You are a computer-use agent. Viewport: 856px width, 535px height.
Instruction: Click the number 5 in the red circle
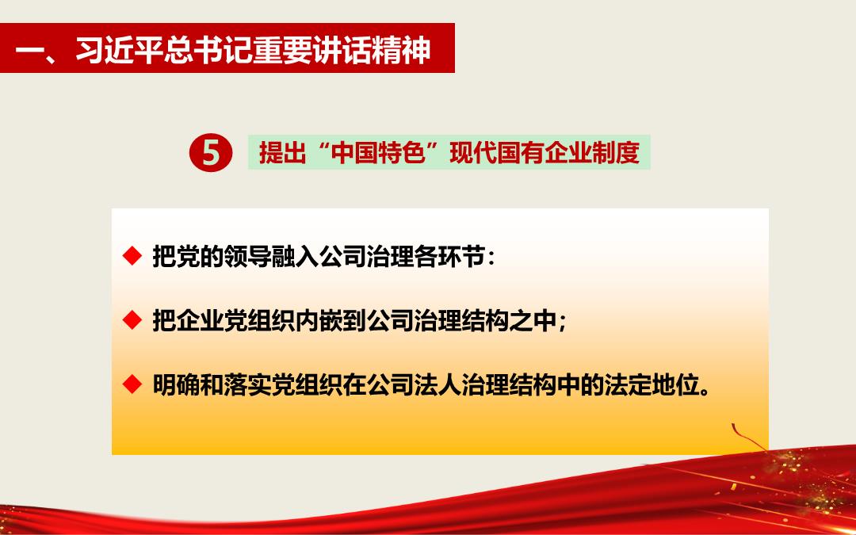[x=212, y=153]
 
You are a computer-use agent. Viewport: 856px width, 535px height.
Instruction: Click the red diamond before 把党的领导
[x=132, y=255]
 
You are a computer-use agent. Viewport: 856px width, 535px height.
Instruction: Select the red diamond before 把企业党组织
[x=132, y=320]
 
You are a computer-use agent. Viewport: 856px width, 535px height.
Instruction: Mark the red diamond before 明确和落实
[x=132, y=384]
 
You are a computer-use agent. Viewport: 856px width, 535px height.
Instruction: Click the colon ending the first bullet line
[x=491, y=258]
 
